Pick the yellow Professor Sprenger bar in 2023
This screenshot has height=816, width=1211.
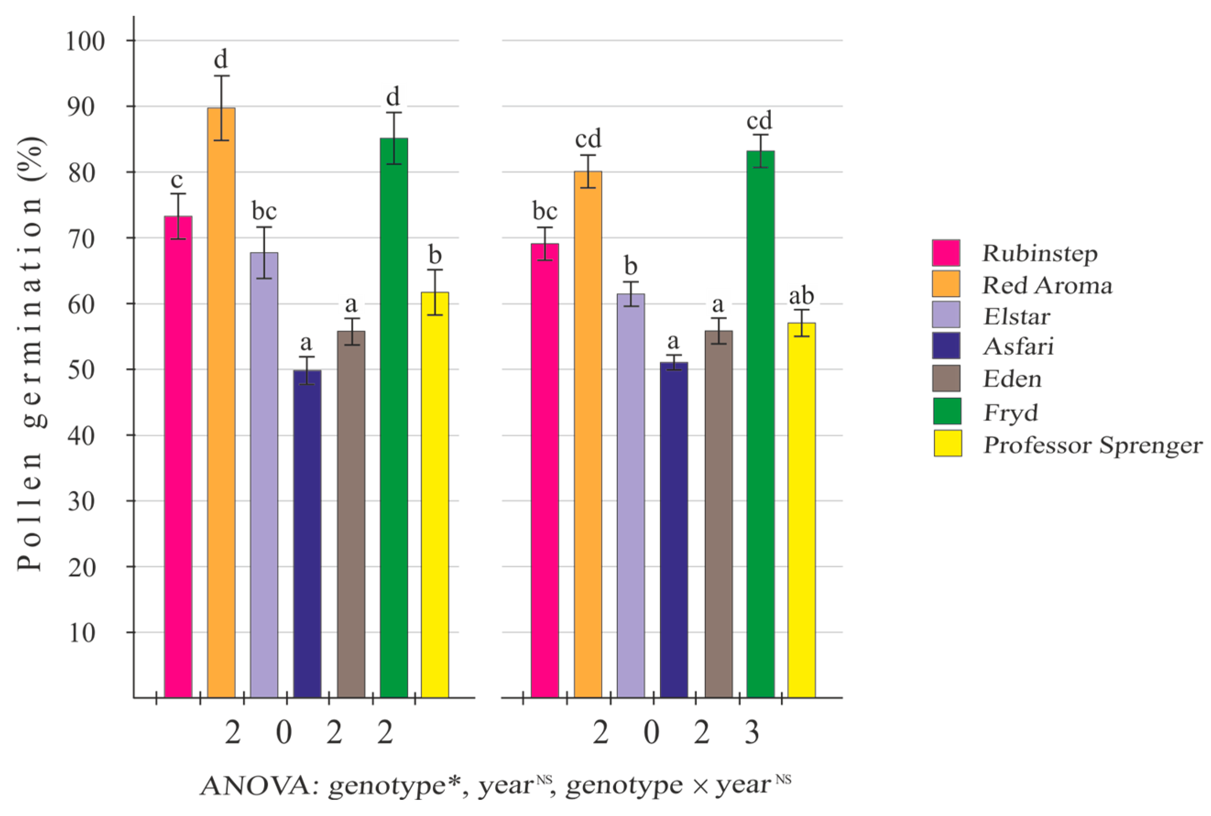[x=801, y=510]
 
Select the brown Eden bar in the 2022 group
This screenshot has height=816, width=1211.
[x=351, y=515]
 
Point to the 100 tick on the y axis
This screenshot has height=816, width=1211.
[x=85, y=41]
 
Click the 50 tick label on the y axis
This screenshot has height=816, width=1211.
[x=82, y=370]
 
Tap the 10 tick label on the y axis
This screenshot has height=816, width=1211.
[x=82, y=633]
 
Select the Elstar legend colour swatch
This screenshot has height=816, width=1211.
[x=946, y=314]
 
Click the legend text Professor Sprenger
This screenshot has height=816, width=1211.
[x=1092, y=446]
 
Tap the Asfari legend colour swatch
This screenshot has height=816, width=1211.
[x=946, y=346]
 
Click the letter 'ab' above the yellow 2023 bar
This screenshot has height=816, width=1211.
[x=801, y=296]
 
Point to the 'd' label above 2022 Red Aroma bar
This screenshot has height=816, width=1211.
[x=221, y=60]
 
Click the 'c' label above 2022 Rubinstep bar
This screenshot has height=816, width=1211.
[x=177, y=180]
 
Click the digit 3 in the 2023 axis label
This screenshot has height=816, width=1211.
[x=752, y=733]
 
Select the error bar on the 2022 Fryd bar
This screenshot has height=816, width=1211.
[x=394, y=138]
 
